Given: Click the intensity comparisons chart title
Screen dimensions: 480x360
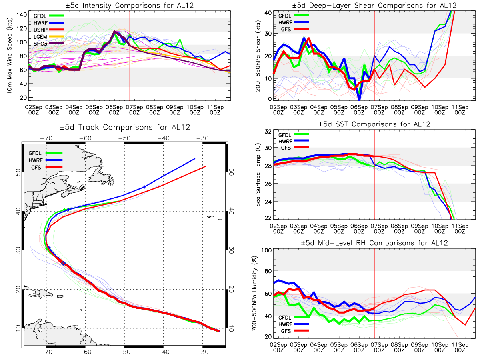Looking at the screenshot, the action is [x=130, y=5].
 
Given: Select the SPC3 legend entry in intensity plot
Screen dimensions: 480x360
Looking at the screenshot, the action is [x=49, y=44].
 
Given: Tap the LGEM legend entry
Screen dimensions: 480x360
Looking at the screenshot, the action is [x=49, y=37].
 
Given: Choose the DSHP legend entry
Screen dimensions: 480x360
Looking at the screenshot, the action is [x=49, y=30].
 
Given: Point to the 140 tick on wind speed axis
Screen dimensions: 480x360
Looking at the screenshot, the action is [x=22, y=15].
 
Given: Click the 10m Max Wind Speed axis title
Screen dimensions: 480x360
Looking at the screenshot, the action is [x=10, y=56].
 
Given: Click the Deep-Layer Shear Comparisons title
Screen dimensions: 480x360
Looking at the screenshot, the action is [x=374, y=5].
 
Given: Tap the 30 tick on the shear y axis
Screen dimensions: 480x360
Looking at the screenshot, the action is [x=268, y=34].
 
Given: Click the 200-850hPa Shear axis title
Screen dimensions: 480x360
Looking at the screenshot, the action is [x=258, y=56].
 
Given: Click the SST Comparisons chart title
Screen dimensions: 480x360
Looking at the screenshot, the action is [x=374, y=124].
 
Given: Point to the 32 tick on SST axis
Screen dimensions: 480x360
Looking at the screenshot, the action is [x=268, y=132].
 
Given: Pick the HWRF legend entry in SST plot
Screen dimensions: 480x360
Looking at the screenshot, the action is [x=294, y=141].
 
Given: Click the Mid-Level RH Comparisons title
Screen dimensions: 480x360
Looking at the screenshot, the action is [x=374, y=243].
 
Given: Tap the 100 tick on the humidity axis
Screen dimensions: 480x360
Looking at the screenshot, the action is [x=266, y=250].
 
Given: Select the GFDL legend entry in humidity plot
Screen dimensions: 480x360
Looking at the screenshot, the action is [x=294, y=317].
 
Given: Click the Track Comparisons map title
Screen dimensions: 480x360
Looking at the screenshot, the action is [x=125, y=127].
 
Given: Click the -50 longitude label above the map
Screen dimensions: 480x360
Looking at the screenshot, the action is [x=124, y=138].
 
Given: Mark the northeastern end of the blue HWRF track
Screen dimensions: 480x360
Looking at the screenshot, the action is [x=195, y=159].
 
